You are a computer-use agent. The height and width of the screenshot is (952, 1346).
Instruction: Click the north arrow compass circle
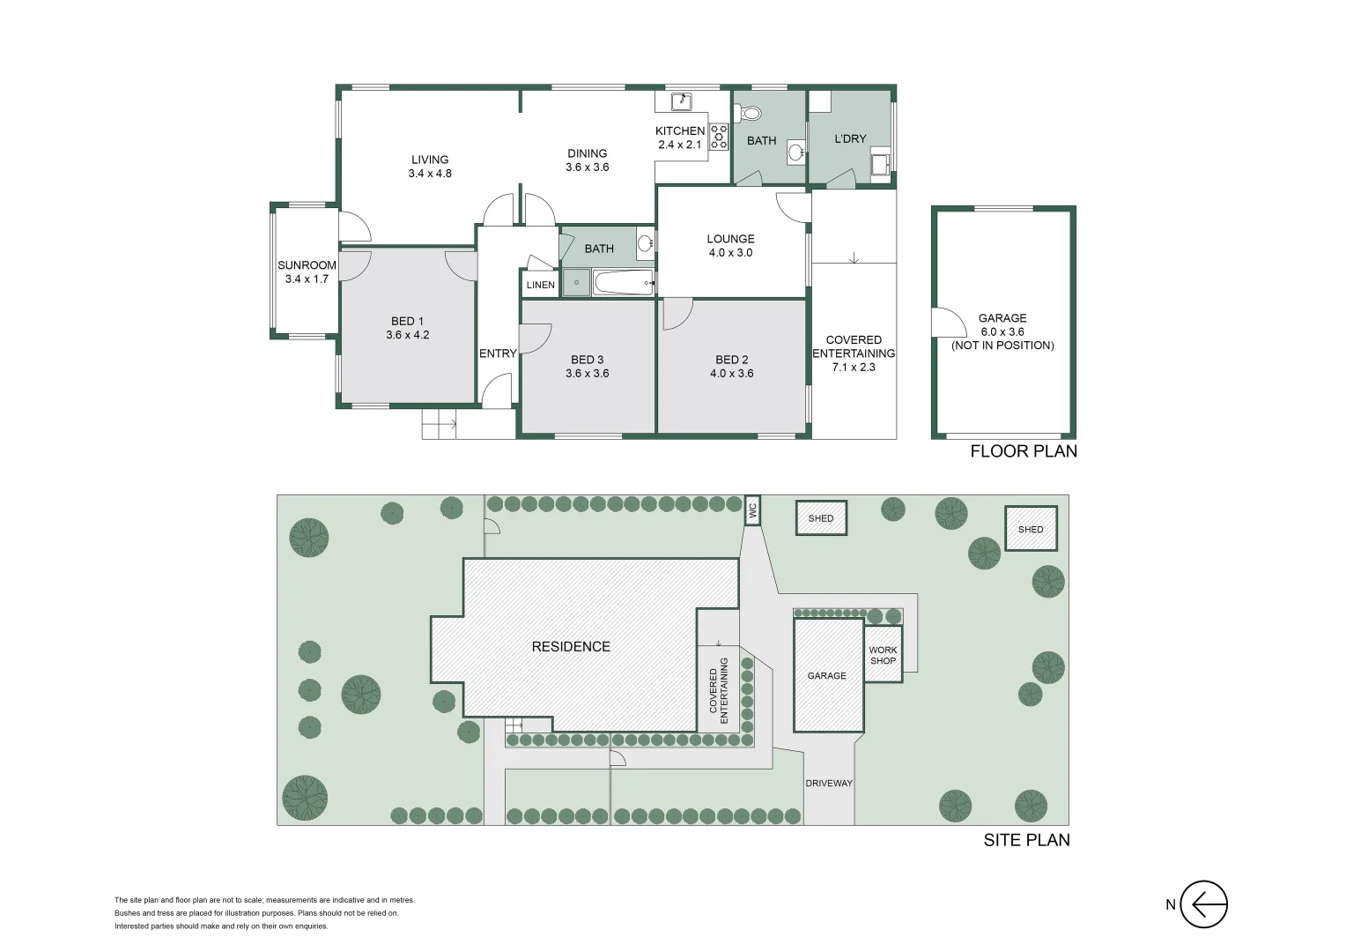tap(1203, 904)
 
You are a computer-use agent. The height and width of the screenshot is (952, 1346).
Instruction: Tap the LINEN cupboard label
tap(541, 285)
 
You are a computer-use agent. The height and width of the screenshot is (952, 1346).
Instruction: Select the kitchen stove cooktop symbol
tap(719, 136)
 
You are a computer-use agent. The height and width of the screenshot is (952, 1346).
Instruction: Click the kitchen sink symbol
tap(682, 101)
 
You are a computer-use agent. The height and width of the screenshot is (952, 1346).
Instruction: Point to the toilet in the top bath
tap(748, 113)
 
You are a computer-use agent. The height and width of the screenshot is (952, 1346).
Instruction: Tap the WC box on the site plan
tap(752, 510)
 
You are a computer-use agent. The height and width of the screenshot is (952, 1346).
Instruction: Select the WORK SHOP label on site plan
tap(883, 655)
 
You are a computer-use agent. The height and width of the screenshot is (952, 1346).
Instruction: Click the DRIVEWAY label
tap(828, 783)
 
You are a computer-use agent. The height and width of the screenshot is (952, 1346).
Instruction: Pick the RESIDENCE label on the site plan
tap(571, 646)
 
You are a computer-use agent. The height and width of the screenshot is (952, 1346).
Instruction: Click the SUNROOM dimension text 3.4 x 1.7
tap(307, 279)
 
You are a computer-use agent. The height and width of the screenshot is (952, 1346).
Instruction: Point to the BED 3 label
tap(588, 360)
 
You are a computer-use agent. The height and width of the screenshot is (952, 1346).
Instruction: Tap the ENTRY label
tap(498, 353)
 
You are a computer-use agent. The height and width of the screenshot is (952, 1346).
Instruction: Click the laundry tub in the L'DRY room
tap(879, 163)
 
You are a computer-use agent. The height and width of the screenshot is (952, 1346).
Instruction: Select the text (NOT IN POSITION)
tap(1002, 346)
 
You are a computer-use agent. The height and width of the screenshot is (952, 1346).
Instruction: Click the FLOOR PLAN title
tap(1023, 451)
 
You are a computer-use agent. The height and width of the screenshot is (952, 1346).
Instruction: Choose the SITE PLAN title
tap(1026, 840)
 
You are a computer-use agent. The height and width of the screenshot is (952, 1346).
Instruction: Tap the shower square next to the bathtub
tap(577, 283)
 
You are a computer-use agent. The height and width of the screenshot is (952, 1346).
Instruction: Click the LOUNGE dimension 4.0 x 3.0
tap(730, 253)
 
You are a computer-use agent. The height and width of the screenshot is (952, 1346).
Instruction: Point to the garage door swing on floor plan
tap(947, 322)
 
